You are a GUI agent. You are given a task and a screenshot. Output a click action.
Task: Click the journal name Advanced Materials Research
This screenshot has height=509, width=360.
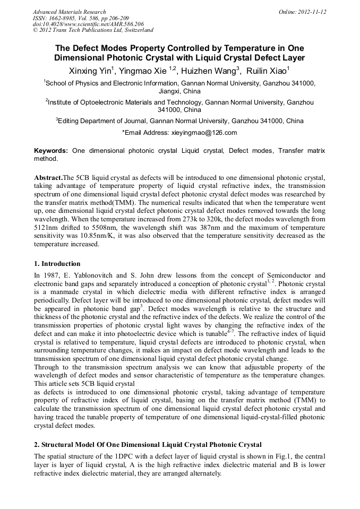pyautogui.click(x=69, y=12)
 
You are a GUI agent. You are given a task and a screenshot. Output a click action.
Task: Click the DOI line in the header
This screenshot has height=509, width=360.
pyautogui.click(x=88, y=24)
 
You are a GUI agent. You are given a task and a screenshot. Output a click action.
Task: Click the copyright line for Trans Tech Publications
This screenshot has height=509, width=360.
pyautogui.click(x=93, y=31)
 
